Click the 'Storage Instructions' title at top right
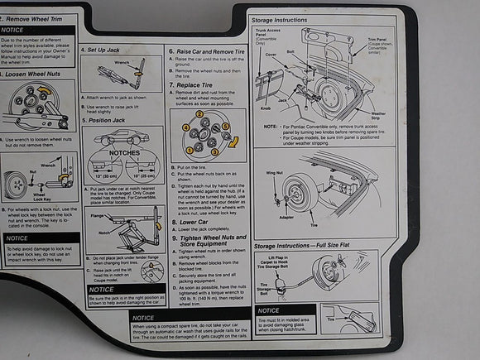pos(281,20)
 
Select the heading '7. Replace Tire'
pos(197,84)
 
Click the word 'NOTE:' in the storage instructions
pos(271,126)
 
